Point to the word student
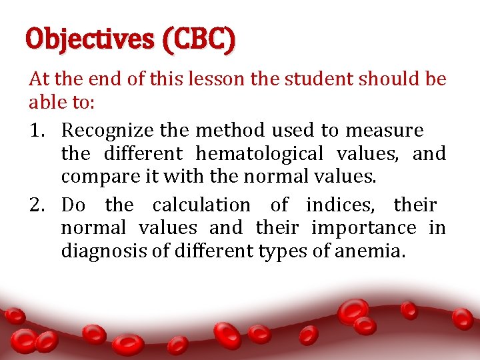[320, 80]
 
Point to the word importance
[364, 228]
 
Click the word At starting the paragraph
[39, 80]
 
